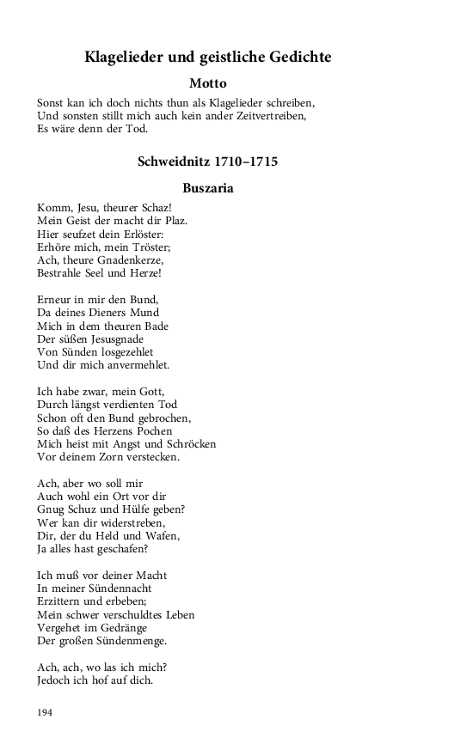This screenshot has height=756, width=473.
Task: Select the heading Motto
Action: (x=207, y=84)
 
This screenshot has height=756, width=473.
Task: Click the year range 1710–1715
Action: (x=245, y=161)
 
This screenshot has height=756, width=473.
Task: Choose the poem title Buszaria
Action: (x=207, y=187)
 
